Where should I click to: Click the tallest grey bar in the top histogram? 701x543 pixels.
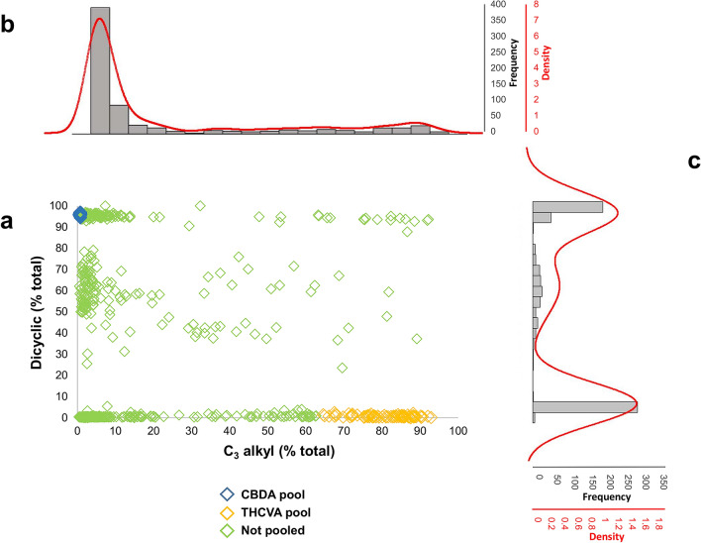point(100,69)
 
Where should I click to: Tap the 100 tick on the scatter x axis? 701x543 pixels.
point(457,431)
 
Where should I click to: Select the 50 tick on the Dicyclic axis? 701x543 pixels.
point(62,311)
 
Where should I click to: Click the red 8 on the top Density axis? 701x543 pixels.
point(536,5)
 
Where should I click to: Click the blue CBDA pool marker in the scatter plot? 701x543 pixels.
point(80,213)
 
